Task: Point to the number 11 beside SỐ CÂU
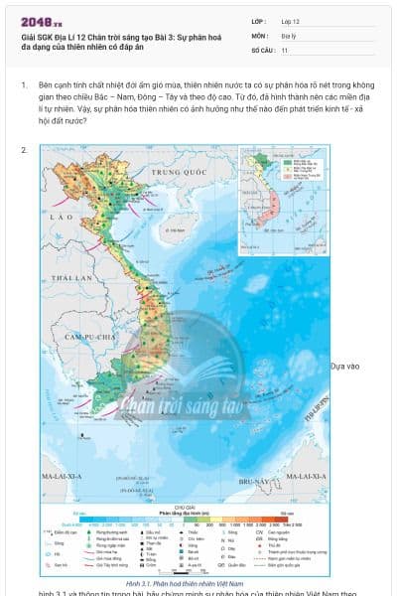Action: (285, 50)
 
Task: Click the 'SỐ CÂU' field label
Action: (262, 50)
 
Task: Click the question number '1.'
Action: (24, 85)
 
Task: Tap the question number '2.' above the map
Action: (24, 150)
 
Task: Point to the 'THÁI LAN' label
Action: (68, 279)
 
